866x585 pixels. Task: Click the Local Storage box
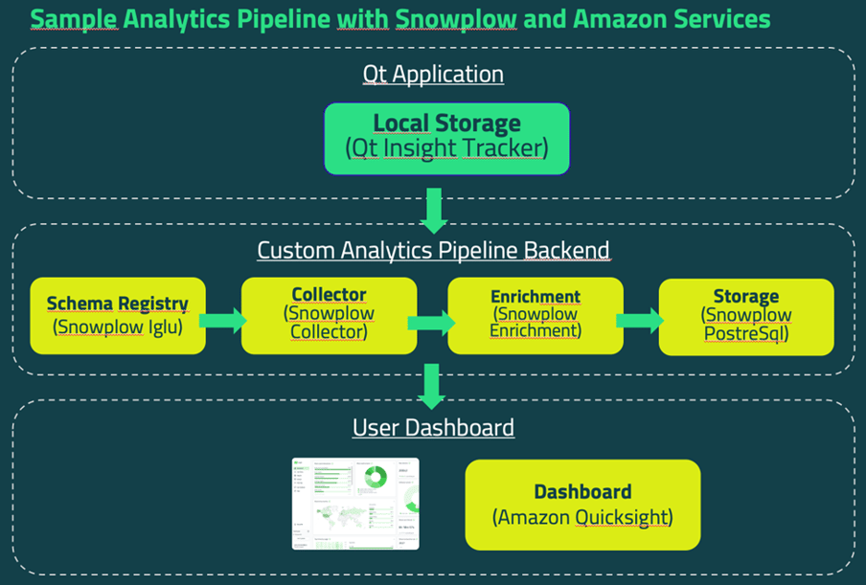[x=446, y=139]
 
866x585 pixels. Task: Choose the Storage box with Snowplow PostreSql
[x=746, y=316]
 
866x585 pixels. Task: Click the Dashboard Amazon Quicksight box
[x=582, y=505]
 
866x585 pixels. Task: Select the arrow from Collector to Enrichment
[x=432, y=321]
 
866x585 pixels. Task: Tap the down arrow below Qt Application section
[x=435, y=210]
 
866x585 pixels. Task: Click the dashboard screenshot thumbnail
[x=355, y=504]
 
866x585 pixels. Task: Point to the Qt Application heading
[x=433, y=74]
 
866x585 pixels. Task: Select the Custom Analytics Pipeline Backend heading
[x=433, y=251]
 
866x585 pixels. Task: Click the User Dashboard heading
[x=433, y=427]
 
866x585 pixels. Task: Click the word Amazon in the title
[x=608, y=18]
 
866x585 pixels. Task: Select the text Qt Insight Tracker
[x=446, y=149]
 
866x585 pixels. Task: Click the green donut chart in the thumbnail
[x=375, y=476]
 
